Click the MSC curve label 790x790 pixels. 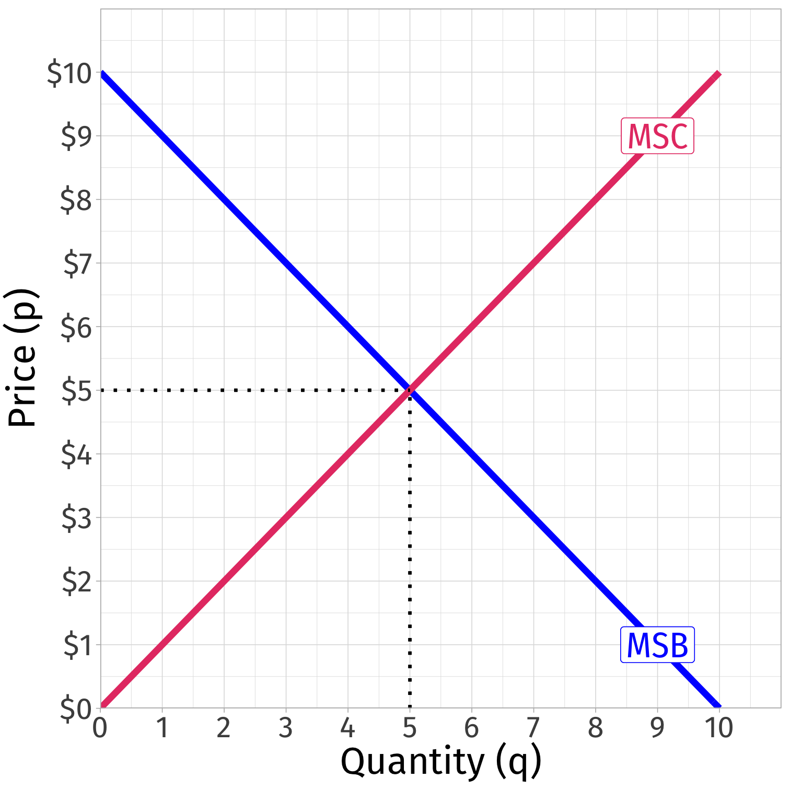(657, 136)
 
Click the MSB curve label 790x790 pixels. (657, 645)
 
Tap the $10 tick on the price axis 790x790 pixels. (69, 73)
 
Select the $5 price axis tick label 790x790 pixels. (76, 391)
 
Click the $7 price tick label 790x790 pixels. (77, 263)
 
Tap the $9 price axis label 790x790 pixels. (76, 136)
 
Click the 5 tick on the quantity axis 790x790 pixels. (410, 727)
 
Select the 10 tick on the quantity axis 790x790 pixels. (719, 727)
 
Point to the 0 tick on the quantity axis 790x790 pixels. (100, 727)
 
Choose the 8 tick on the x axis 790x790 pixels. (595, 727)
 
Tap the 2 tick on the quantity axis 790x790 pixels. (224, 727)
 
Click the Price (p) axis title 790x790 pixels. (22, 358)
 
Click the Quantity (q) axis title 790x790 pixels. (440, 762)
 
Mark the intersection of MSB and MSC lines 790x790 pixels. (410, 390)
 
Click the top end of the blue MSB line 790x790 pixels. (102, 74)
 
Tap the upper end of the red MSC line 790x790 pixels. (718, 74)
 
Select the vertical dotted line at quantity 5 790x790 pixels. (410, 549)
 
